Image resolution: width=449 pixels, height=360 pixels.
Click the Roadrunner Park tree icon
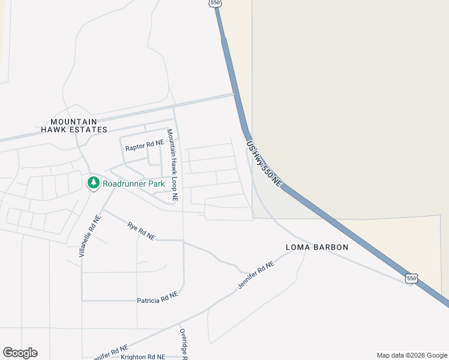[93, 183]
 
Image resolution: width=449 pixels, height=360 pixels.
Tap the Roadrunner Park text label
[133, 184]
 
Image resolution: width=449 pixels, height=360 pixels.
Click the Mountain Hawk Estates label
[74, 125]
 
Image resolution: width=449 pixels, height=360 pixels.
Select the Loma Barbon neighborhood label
[317, 247]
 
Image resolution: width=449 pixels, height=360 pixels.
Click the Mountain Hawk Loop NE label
[172, 164]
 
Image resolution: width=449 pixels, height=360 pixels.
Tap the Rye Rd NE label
[141, 232]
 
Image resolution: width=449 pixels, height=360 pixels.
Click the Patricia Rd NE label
[157, 298]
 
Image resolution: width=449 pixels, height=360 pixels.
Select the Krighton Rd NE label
[143, 356]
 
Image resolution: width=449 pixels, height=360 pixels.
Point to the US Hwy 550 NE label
[263, 163]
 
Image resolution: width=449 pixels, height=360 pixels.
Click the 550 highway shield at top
[216, 3]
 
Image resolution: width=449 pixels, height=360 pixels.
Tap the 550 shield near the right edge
[411, 278]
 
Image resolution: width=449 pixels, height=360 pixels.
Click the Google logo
[20, 353]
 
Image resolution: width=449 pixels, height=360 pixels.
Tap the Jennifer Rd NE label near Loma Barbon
[256, 275]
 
